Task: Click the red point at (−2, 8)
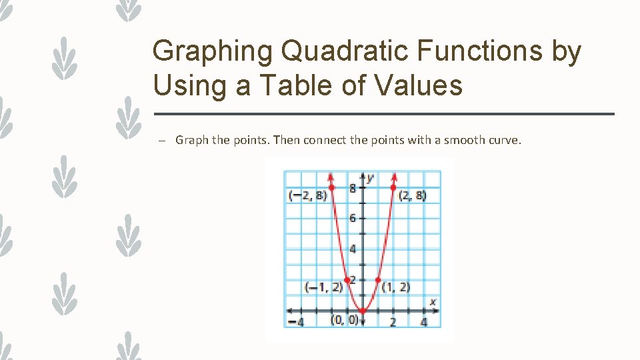click(x=331, y=187)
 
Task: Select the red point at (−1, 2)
click(x=347, y=280)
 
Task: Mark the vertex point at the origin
click(x=363, y=311)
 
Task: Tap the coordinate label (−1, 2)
click(x=323, y=287)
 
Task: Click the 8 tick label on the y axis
click(x=352, y=189)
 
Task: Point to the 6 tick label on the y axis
click(x=352, y=219)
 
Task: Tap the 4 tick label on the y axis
click(x=352, y=249)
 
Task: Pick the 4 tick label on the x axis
click(x=424, y=323)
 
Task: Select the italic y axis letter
click(x=370, y=177)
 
